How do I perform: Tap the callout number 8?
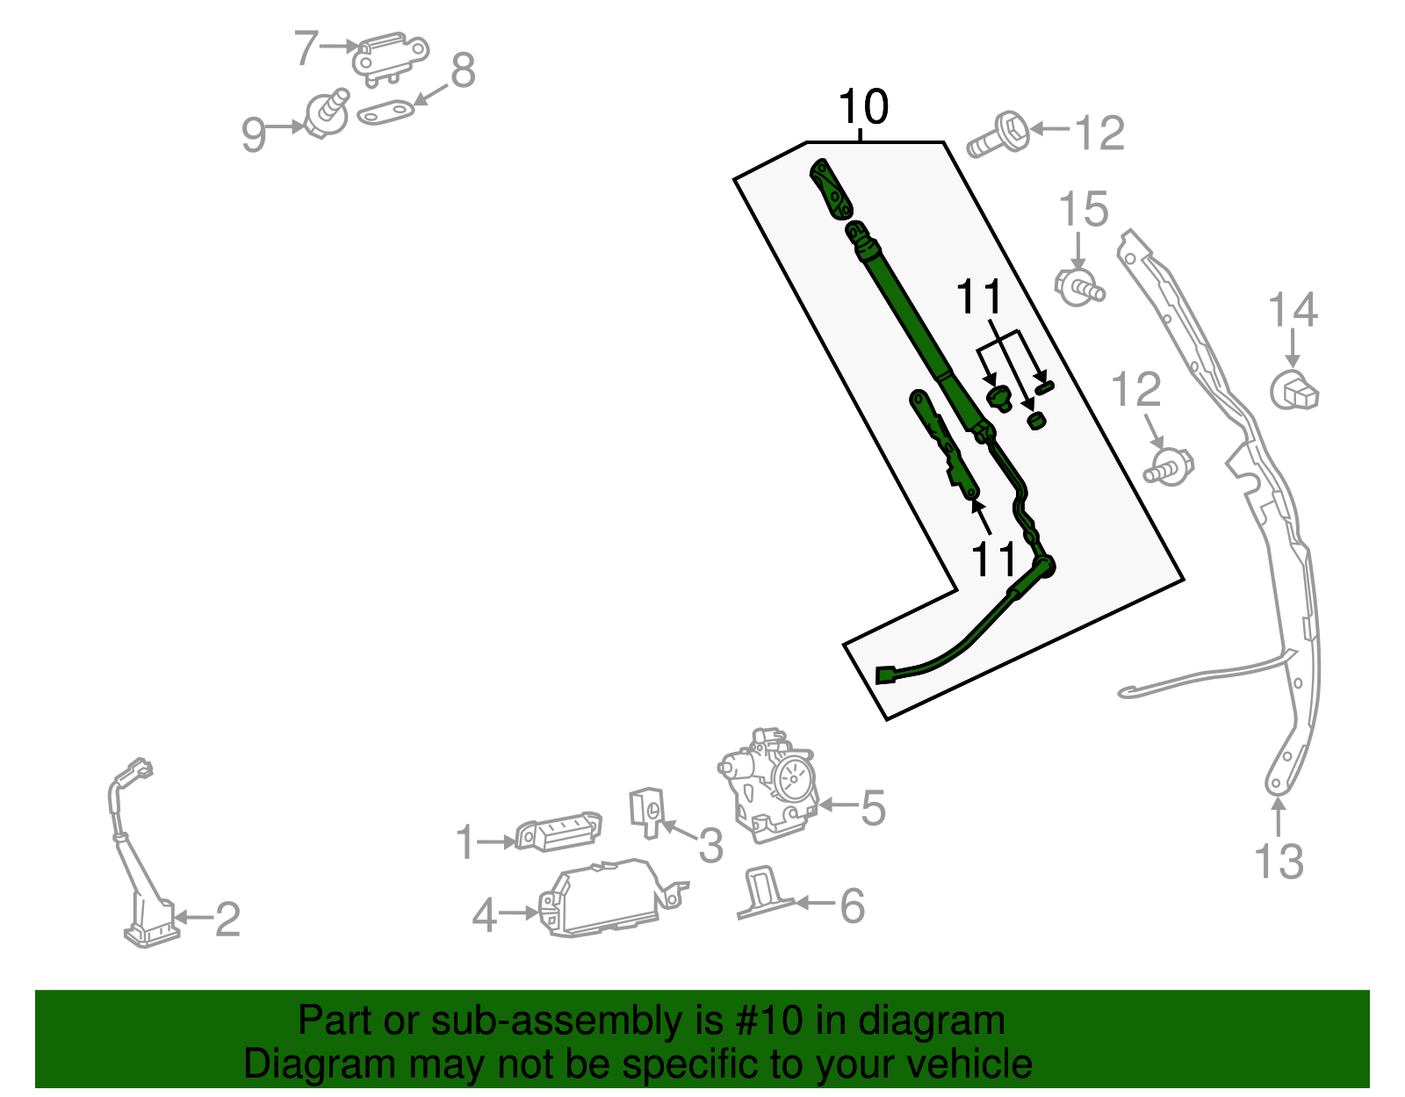coord(463,70)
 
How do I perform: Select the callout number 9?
coord(254,134)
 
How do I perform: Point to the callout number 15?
coord(1084,209)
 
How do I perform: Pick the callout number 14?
coord(1293,310)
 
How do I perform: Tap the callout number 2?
coord(227,920)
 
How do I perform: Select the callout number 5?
coord(873,808)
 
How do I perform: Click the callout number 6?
coord(852,906)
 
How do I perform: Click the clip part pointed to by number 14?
coord(1293,391)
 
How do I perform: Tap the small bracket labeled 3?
coord(647,812)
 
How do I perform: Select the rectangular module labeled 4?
coord(611,898)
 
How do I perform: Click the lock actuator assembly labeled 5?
coord(768,785)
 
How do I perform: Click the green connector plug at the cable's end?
coord(884,675)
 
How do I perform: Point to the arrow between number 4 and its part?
coord(518,913)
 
